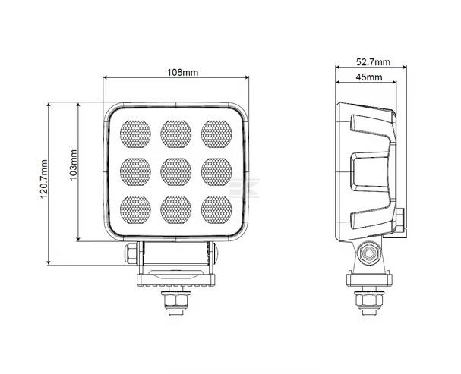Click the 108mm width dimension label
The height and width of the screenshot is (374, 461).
coord(182,72)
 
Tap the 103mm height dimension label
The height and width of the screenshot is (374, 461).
coord(73,173)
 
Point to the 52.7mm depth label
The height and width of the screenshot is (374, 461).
coord(373,62)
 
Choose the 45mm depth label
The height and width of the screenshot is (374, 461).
coord(368,77)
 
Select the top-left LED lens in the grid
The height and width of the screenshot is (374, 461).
coord(136,134)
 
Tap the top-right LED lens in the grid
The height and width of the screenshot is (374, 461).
coord(216,134)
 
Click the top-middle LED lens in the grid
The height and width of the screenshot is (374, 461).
coord(176,134)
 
